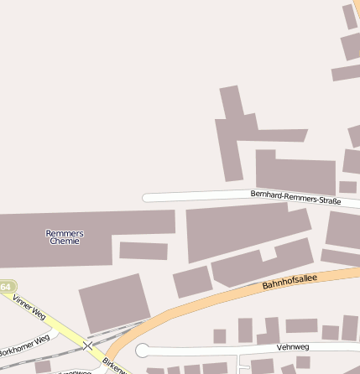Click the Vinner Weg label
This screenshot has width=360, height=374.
[29, 308]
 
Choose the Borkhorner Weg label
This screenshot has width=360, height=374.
[24, 344]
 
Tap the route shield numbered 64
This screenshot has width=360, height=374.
[6, 287]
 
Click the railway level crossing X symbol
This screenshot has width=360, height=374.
[87, 345]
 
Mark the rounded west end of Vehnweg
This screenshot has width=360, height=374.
[143, 351]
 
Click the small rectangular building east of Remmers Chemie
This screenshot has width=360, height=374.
[143, 250]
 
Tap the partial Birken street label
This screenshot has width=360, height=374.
[115, 366]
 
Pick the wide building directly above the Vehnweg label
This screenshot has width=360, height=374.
[301, 325]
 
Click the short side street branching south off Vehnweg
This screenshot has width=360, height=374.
[241, 363]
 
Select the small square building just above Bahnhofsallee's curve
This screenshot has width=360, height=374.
[192, 282]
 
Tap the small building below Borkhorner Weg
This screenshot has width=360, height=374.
[43, 366]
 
